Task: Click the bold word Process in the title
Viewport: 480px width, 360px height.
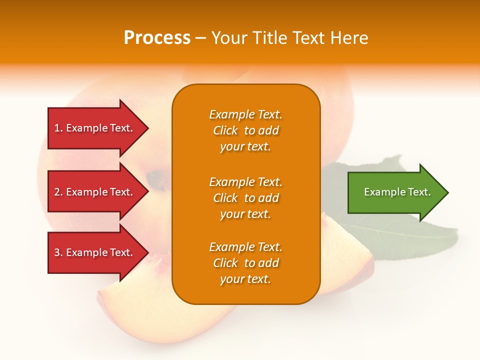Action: coord(157,38)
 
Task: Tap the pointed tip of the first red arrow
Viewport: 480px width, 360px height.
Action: coord(147,128)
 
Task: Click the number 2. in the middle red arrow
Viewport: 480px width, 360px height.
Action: coord(58,192)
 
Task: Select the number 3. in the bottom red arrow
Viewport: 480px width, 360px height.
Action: coord(58,252)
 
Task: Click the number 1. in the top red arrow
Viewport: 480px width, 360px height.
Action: coord(58,128)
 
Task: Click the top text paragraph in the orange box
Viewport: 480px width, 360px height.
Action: coord(245,130)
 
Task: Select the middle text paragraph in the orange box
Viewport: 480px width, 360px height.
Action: coord(245,198)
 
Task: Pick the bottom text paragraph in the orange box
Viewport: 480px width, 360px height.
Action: coord(245,263)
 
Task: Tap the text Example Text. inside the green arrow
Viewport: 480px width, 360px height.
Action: coord(397,192)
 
